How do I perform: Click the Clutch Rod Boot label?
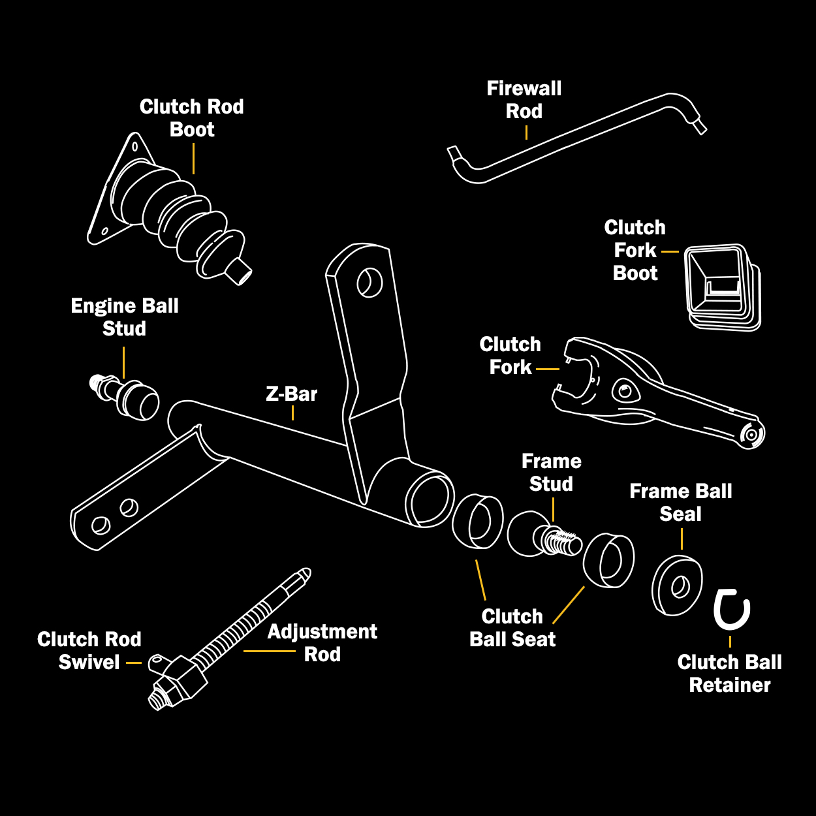pos(191,118)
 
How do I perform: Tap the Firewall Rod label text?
pos(524,100)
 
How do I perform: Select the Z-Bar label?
pos(291,394)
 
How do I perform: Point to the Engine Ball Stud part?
pos(127,396)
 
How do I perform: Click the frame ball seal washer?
pos(678,586)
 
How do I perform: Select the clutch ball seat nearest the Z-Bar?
pos(478,521)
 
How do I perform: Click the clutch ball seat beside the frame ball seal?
pos(608,560)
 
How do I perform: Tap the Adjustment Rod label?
pos(322,643)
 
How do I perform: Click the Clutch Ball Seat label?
pos(512,628)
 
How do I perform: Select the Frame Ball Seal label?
pos(680,503)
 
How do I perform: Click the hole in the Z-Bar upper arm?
pos(369,282)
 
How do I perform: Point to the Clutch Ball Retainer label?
pos(729,674)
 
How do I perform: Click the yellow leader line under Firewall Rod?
pos(526,133)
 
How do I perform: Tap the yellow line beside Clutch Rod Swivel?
pos(134,663)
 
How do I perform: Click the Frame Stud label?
pos(551,473)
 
